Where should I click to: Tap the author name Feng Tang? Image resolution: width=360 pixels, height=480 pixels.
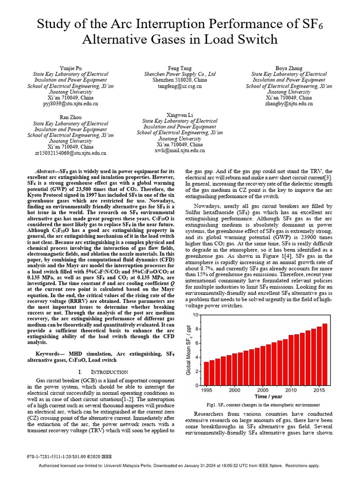click(180, 68)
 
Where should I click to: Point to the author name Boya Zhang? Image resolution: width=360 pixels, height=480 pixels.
click(289, 68)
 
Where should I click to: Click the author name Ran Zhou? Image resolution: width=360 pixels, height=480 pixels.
click(70, 117)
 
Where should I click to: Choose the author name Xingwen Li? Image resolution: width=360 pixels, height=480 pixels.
click(180, 114)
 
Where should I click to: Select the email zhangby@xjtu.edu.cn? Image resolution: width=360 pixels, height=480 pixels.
click(289, 104)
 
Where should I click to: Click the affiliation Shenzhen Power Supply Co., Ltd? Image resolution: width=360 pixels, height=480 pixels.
click(180, 74)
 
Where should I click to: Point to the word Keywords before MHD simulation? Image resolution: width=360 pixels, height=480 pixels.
click(49, 353)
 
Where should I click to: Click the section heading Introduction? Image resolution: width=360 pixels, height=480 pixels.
click(108, 372)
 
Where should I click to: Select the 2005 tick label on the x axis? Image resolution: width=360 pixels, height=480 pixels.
click(262, 390)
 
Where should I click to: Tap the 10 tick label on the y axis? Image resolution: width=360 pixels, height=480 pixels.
click(196, 315)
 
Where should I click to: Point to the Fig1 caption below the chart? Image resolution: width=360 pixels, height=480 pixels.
click(263, 405)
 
